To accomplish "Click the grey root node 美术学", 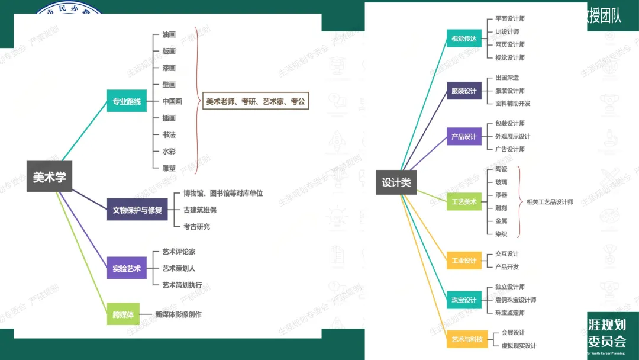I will (x=49, y=176).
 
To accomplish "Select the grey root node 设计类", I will (x=396, y=182).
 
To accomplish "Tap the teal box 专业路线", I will (x=127, y=101).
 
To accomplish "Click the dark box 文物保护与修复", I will (x=137, y=210).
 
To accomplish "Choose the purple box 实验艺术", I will (x=127, y=269).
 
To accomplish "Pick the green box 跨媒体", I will (x=123, y=314).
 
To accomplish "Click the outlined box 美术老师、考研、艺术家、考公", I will (x=256, y=101).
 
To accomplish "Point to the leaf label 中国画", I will (x=172, y=101).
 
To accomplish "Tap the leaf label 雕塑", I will (x=169, y=168).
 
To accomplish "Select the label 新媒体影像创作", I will (x=178, y=314).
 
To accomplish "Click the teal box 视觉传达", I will (x=464, y=39).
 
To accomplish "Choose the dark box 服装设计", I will (x=464, y=91).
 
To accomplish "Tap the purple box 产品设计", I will (x=464, y=136).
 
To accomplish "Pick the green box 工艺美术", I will (x=464, y=201).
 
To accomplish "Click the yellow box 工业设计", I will (x=464, y=261).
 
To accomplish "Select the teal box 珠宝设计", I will (x=464, y=300).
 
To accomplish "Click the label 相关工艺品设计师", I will (x=550, y=202).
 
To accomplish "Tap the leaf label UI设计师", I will (x=507, y=32).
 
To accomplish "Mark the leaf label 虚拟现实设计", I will (x=519, y=346).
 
